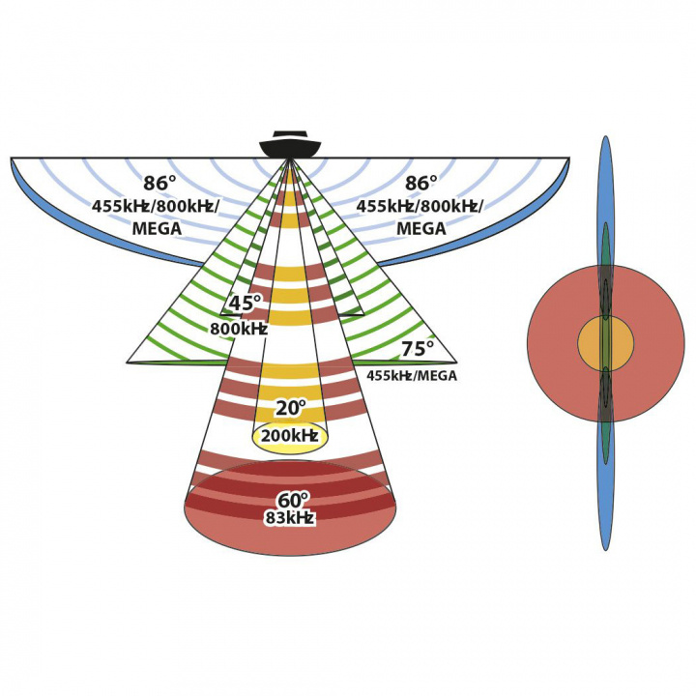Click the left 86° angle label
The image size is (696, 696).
coord(161,183)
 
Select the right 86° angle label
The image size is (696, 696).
coord(420,183)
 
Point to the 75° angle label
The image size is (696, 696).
coord(418,350)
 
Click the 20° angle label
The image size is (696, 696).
coord(290,410)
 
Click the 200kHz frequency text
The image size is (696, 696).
coord(290,435)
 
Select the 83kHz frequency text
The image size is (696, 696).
coord(290,518)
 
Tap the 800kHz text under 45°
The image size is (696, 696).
coord(239,329)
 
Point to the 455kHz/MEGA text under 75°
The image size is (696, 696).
coord(412,374)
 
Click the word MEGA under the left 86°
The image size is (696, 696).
coord(156,229)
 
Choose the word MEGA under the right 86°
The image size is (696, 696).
coord(420,229)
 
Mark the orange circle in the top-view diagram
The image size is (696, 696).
coord(605,343)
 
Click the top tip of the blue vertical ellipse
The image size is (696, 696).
coord(605,138)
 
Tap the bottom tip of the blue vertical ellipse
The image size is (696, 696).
coord(605,548)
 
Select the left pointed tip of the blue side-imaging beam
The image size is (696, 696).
coord(12,159)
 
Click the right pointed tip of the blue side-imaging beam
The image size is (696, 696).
coord(568,159)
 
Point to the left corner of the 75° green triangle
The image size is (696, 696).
coord(129,362)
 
